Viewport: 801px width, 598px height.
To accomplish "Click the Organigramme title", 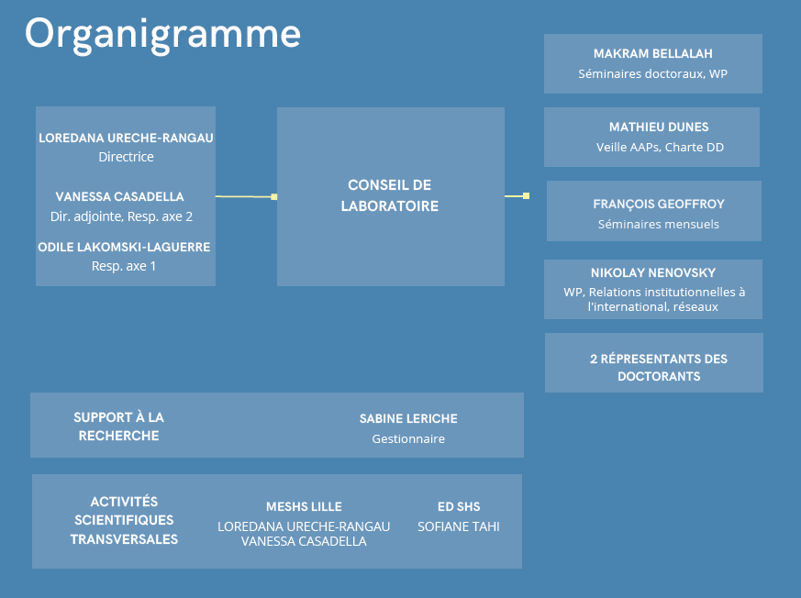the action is pyautogui.click(x=162, y=35).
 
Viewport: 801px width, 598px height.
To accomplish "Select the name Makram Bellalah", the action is pyautogui.click(x=653, y=53).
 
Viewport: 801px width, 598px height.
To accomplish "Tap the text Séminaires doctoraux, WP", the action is pyautogui.click(x=653, y=74).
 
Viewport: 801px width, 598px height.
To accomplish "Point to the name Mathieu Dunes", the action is pyautogui.click(x=659, y=127).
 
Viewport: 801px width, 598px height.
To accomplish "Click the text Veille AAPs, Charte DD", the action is pyautogui.click(x=660, y=147).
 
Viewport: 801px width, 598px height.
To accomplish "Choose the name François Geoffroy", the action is pyautogui.click(x=659, y=205).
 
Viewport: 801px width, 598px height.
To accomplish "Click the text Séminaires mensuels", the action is pyautogui.click(x=659, y=224).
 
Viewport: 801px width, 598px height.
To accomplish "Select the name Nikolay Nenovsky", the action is pyautogui.click(x=653, y=272).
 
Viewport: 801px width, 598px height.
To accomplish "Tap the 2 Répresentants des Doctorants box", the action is pyautogui.click(x=654, y=362).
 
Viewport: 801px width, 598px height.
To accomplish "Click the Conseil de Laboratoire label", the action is pyautogui.click(x=390, y=195).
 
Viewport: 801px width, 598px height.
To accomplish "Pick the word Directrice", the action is pyautogui.click(x=127, y=157).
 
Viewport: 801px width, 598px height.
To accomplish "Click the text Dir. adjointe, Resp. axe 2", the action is pyautogui.click(x=122, y=216).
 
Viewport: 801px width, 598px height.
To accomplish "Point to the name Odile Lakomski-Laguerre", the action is pyautogui.click(x=124, y=247).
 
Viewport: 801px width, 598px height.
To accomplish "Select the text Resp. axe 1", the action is pyautogui.click(x=124, y=266).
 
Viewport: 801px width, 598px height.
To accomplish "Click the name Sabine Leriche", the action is pyautogui.click(x=408, y=419).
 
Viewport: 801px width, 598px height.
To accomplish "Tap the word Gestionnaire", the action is pyautogui.click(x=408, y=439).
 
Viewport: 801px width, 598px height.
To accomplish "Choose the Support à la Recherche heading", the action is pyautogui.click(x=118, y=426).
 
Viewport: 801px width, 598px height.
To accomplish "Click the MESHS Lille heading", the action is pyautogui.click(x=304, y=506).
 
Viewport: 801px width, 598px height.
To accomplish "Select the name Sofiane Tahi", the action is pyautogui.click(x=458, y=526).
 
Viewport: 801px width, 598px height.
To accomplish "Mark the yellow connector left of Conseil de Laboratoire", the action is pyautogui.click(x=246, y=196).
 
